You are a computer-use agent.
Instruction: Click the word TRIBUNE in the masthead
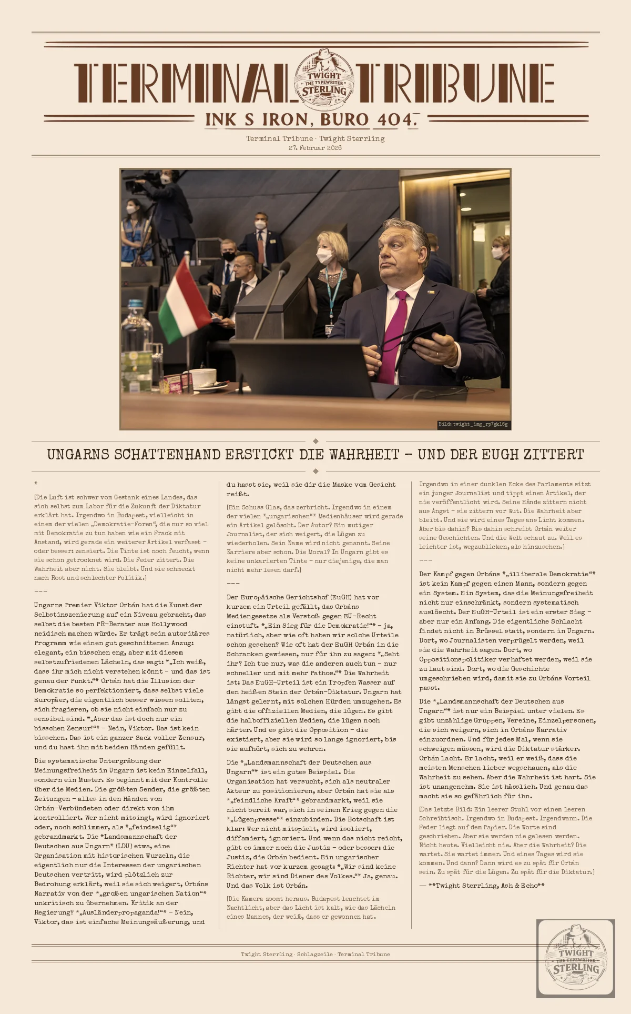click(455, 83)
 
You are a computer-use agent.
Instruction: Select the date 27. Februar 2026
click(315, 148)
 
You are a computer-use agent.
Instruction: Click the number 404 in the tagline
click(395, 120)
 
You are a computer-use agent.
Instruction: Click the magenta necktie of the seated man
click(393, 337)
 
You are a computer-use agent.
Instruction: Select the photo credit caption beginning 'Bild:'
click(473, 424)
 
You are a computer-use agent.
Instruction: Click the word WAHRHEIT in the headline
click(364, 455)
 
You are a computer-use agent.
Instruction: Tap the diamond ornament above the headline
click(315, 441)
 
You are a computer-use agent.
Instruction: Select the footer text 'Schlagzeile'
click(314, 954)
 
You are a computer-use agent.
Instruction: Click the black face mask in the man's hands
click(423, 337)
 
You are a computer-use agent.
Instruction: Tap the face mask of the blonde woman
click(324, 256)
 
